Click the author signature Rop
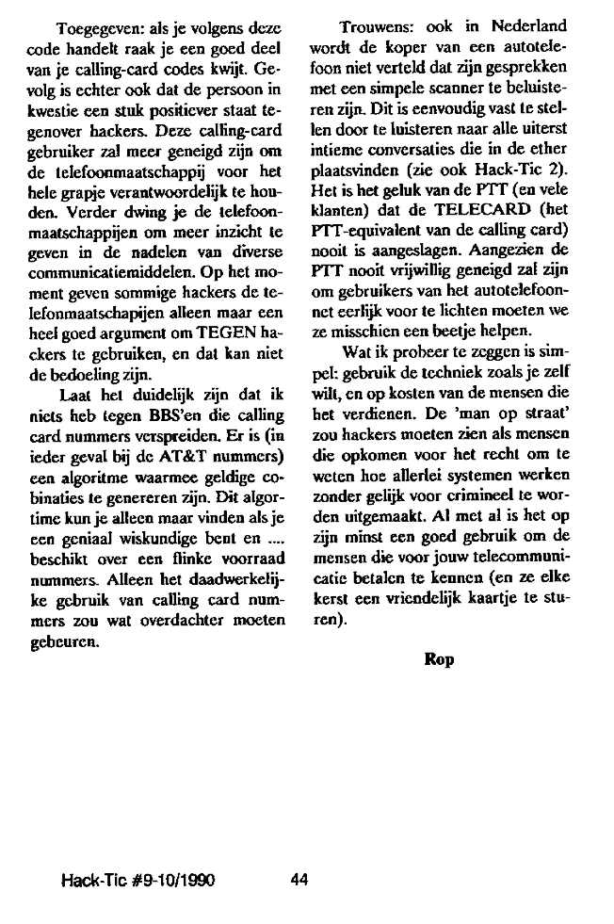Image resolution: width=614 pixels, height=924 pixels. click(439, 659)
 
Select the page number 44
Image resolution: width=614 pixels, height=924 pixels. click(300, 880)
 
